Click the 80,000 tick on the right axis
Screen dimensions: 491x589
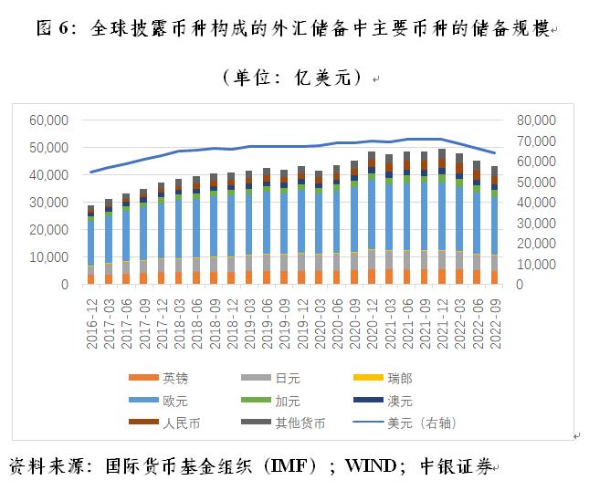coord(535,120)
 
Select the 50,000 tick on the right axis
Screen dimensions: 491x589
coord(535,182)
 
